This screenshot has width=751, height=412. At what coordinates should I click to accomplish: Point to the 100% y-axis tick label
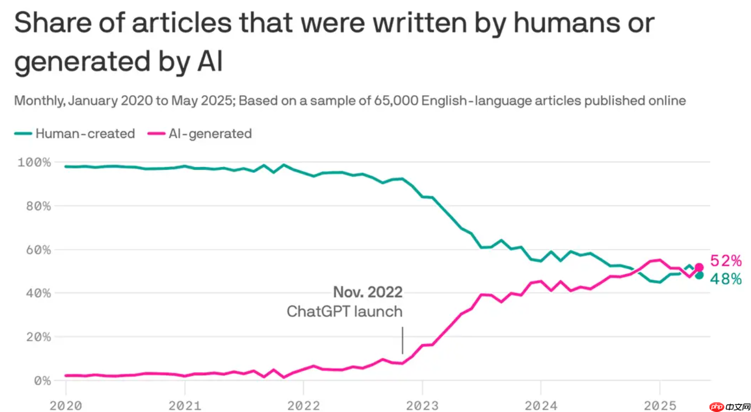pos(34,162)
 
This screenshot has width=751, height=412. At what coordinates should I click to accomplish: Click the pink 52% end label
pos(725,261)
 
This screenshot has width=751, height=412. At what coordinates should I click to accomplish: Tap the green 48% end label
pos(725,279)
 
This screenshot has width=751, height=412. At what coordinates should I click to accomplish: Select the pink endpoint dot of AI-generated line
pos(699,267)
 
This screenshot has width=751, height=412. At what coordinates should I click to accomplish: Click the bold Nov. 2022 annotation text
pos(368,293)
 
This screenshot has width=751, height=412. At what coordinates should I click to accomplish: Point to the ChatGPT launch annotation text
pos(344,311)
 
